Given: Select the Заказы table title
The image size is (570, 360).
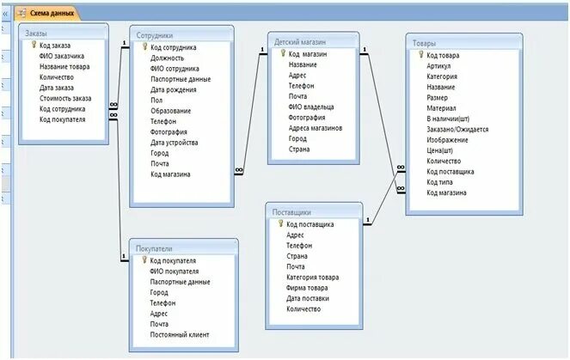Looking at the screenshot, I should coord(37,33).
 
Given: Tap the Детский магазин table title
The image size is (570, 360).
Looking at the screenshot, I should coord(300,41).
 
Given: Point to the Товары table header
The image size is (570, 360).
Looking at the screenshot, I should coord(424,43).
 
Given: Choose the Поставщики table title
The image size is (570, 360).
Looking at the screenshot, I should coord(291,211).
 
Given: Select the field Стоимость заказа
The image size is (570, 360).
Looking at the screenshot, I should coord(65,98).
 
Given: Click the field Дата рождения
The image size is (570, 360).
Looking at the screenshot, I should coord(175,89).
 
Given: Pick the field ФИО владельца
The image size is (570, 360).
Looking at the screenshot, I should coord(311,107).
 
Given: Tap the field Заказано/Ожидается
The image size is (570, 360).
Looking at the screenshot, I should coord(457,130).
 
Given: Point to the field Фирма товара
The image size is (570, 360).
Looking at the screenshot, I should coord(307,288).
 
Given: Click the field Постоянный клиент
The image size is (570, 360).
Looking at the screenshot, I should coord(180,334).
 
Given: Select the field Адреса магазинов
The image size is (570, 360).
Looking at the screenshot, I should coord(316,128).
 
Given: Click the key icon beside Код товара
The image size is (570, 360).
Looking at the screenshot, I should coord(420,55).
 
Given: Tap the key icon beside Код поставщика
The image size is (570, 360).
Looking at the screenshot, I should coord(279,224).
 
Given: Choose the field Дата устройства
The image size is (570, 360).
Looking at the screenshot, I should coord(175,143).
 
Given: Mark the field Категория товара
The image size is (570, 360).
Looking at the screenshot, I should coord(313,277).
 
